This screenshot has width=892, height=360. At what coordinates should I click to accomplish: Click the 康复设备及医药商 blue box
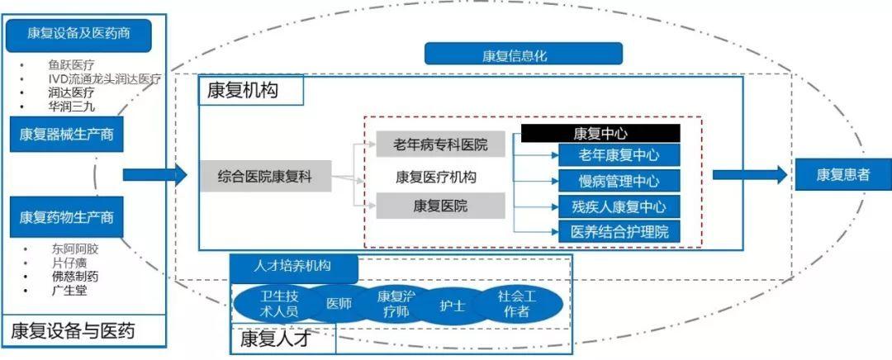[78, 35]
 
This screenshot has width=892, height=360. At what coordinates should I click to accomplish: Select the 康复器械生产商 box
[67, 135]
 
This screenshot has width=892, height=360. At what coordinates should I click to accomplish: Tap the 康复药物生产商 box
[67, 217]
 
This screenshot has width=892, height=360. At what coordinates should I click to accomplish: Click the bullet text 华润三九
[71, 106]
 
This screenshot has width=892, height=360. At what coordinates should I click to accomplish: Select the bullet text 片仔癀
[69, 263]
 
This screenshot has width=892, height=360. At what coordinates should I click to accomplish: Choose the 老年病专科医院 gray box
[440, 145]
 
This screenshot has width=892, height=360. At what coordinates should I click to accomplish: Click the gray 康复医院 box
[440, 206]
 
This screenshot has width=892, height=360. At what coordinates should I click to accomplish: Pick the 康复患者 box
[842, 174]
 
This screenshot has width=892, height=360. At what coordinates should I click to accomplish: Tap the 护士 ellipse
[452, 305]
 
